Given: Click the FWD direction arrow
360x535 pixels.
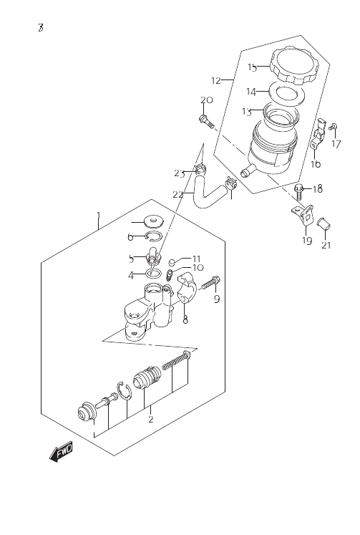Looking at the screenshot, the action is pyautogui.click(x=61, y=452).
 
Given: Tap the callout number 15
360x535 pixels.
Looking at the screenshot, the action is pyautogui.click(x=252, y=67).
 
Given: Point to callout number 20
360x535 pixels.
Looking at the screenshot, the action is pyautogui.click(x=206, y=100).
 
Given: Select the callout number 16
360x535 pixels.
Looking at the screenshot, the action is pyautogui.click(x=316, y=164).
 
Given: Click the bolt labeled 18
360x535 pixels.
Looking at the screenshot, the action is pyautogui.click(x=298, y=193).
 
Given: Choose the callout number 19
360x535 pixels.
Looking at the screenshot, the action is pyautogui.click(x=307, y=241).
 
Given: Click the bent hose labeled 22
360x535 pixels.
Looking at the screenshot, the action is pyautogui.click(x=208, y=194).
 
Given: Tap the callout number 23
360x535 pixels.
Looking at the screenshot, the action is pyautogui.click(x=179, y=173).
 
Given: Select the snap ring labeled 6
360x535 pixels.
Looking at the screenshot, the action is pyautogui.click(x=153, y=236).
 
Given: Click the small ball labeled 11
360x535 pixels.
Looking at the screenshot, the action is pyautogui.click(x=172, y=262).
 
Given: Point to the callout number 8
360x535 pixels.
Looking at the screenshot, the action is pyautogui.click(x=185, y=319).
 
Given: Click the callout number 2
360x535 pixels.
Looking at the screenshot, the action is pyautogui.click(x=151, y=419).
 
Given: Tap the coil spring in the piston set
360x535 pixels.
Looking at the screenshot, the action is pyautogui.click(x=175, y=361).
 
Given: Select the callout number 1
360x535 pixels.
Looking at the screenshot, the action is pyautogui.click(x=99, y=216).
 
